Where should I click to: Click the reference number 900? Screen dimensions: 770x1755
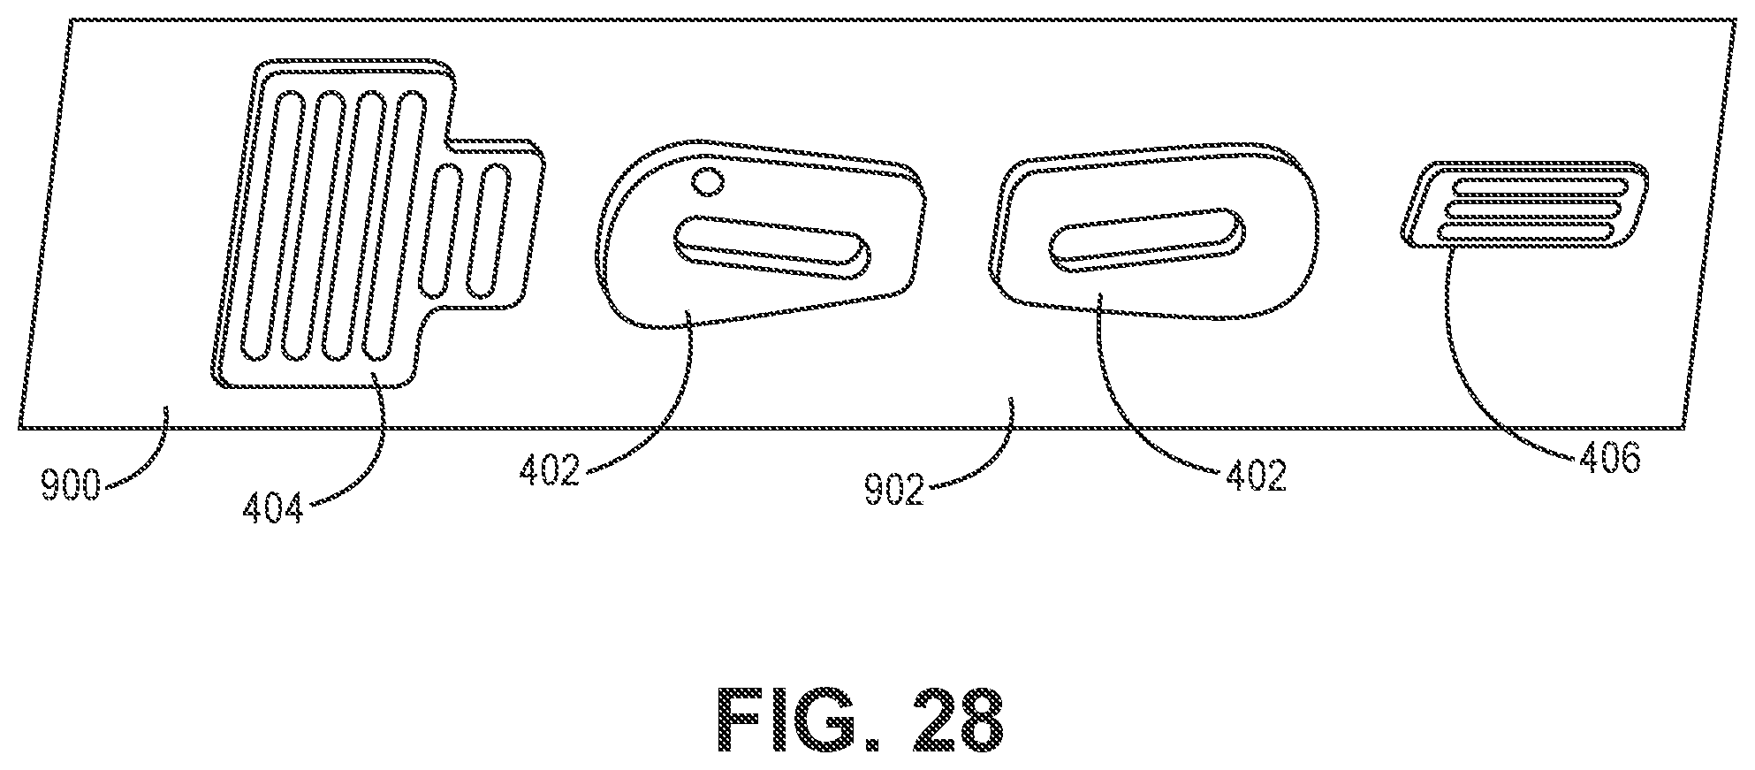tap(70, 486)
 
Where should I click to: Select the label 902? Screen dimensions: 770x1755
tap(893, 490)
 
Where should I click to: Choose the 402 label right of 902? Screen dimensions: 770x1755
tap(1256, 476)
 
